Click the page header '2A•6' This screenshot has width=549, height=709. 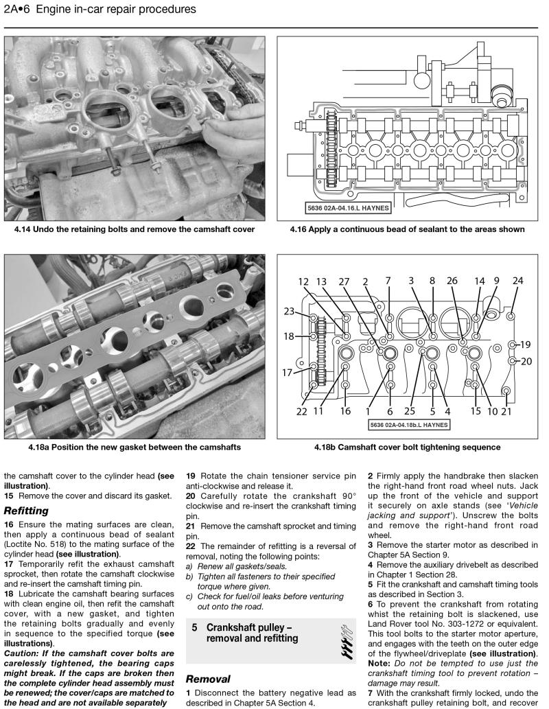19,10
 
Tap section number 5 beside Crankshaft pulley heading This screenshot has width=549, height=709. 195,628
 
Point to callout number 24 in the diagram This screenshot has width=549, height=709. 517,281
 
